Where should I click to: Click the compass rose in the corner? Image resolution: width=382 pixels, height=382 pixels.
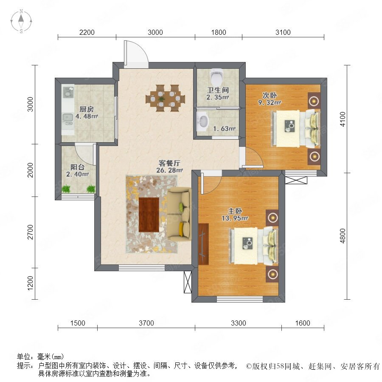coord(21,21)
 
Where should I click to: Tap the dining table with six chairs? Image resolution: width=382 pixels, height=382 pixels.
coord(165,98)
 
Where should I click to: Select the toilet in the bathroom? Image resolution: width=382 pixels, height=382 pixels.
coord(217,76)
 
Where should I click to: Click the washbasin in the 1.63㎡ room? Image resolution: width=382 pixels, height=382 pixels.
coord(203,121)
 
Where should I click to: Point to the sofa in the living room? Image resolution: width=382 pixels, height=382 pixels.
coord(179,214)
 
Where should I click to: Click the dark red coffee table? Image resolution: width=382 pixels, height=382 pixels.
coord(149,215)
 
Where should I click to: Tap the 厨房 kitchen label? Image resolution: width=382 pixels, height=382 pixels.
coord(87,110)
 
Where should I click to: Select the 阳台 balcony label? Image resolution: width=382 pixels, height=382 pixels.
coord(78,167)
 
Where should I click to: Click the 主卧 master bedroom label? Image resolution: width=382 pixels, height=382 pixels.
coord(235,211)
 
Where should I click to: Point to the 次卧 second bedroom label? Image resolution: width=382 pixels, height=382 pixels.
coord(270,95)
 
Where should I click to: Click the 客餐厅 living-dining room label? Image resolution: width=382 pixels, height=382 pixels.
coord(169,163)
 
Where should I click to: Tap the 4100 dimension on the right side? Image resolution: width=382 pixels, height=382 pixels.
coord(343,119)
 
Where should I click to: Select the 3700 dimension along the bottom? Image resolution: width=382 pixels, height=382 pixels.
coord(146,323)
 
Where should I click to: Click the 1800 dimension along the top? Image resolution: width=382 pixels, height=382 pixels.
coord(219,32)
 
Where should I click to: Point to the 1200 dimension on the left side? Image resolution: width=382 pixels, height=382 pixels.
coord(30,284)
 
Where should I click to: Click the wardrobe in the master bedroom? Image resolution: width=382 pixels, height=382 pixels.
coord(204,244)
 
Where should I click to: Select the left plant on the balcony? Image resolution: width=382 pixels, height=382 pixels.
coord(66,189)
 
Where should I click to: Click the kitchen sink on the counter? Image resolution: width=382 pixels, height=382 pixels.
coord(68,118)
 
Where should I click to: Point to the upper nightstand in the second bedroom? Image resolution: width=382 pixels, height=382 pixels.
coord(314,101)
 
